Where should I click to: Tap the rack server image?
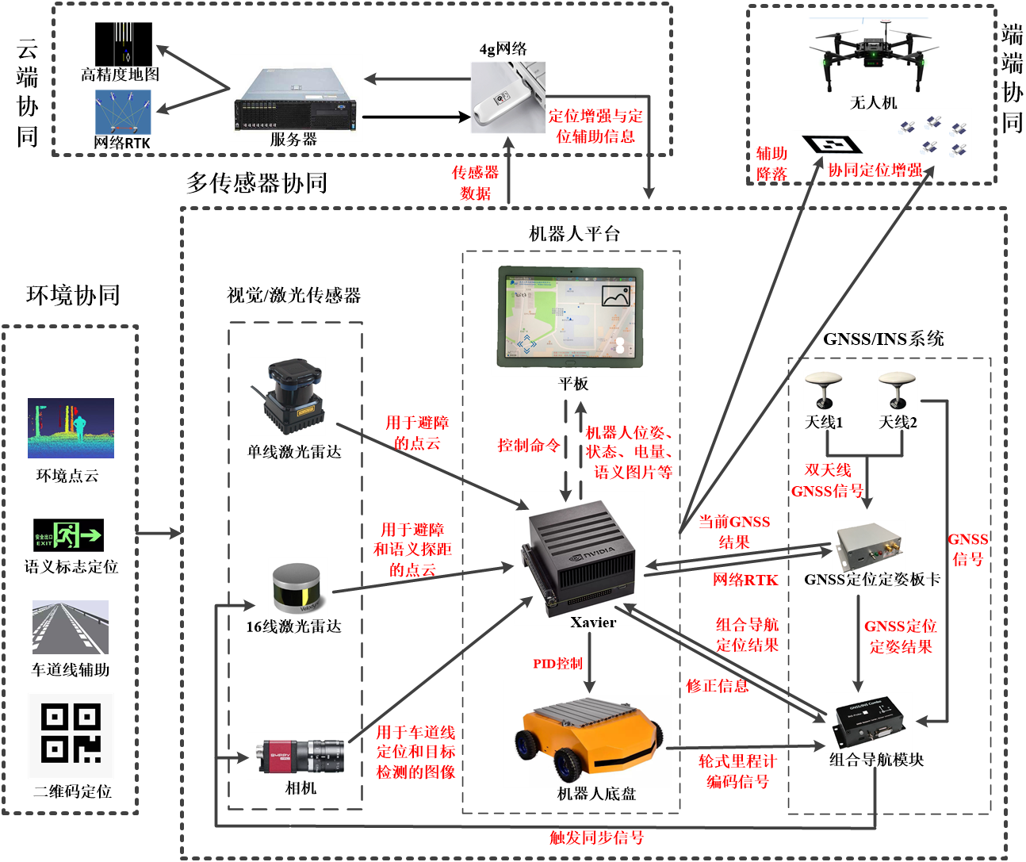point(296,97)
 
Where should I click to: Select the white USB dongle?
point(507,97)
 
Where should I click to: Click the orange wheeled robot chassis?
point(587,734)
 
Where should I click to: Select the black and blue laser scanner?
point(287,396)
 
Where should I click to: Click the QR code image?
point(71,735)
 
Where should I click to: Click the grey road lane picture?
point(71,627)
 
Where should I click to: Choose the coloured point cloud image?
point(71,428)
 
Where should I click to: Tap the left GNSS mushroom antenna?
point(824,390)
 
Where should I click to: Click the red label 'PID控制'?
point(557,664)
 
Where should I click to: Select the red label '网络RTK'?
point(745,580)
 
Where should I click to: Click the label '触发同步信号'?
point(596,837)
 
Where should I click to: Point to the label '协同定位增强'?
point(875,170)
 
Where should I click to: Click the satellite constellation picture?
point(932,134)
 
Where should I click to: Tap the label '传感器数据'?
point(475,182)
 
